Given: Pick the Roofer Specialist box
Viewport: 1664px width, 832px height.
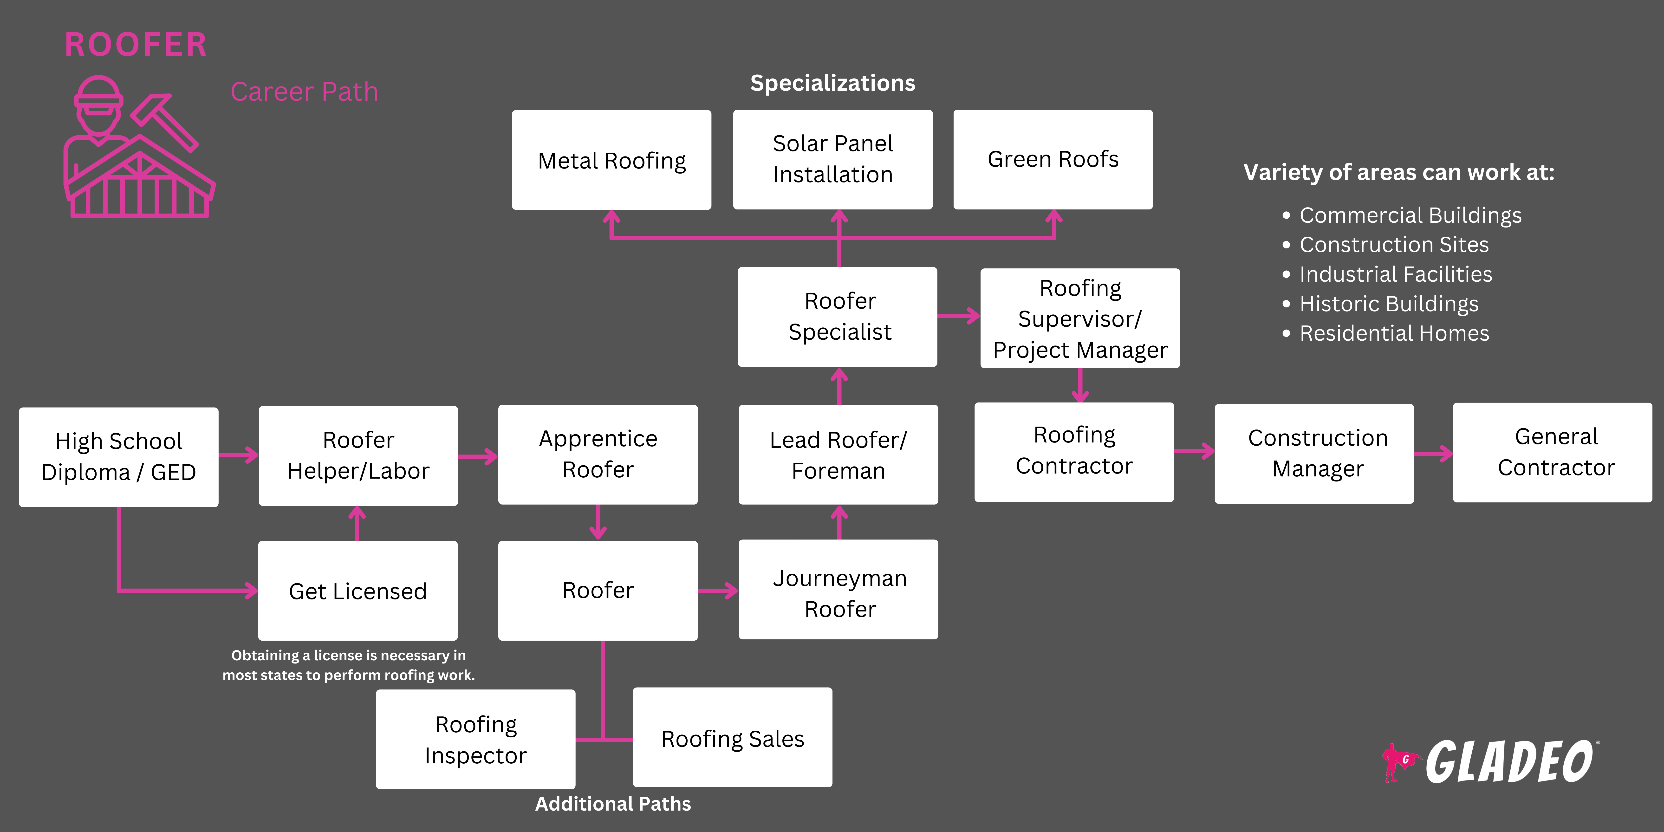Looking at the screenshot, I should click(837, 317).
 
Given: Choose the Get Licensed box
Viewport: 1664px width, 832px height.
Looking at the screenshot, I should click(358, 590).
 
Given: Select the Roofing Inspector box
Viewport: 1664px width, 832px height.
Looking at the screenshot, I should click(475, 739).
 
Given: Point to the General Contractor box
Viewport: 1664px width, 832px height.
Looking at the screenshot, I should click(1552, 452).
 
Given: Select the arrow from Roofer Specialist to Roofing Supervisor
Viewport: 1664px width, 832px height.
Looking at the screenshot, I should click(959, 316).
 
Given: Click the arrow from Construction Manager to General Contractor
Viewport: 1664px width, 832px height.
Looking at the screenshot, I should click(1433, 454).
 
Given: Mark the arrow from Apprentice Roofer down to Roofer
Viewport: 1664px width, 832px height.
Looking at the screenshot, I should click(598, 522).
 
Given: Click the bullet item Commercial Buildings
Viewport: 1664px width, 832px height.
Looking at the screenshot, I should click(1410, 215).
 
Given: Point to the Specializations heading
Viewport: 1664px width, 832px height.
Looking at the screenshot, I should click(833, 83).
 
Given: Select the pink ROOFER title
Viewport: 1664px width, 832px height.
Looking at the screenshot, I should click(136, 45).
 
